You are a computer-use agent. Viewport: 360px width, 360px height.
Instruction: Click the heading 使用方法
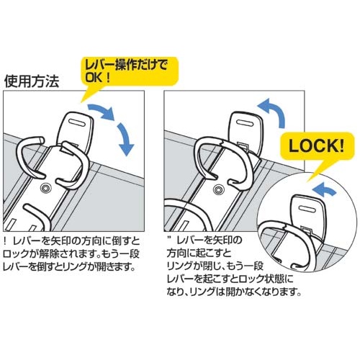pyautogui.click(x=32, y=82)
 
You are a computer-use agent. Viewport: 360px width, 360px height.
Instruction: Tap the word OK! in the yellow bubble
pyautogui.click(x=98, y=77)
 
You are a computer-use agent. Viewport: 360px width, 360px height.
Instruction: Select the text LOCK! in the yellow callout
pyautogui.click(x=316, y=145)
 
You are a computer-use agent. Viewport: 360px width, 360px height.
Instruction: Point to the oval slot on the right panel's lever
pyautogui.click(x=245, y=122)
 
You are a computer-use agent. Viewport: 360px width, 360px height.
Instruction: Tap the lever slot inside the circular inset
pyautogui.click(x=307, y=210)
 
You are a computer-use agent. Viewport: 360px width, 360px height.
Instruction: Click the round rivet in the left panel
pyautogui.click(x=45, y=188)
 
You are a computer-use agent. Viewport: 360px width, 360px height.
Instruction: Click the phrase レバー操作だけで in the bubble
pyautogui.click(x=127, y=65)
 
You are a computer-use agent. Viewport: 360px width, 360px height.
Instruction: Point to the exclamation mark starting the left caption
pyautogui.click(x=5, y=240)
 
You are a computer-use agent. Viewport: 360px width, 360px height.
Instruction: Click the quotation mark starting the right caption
pyautogui.click(x=171, y=238)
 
